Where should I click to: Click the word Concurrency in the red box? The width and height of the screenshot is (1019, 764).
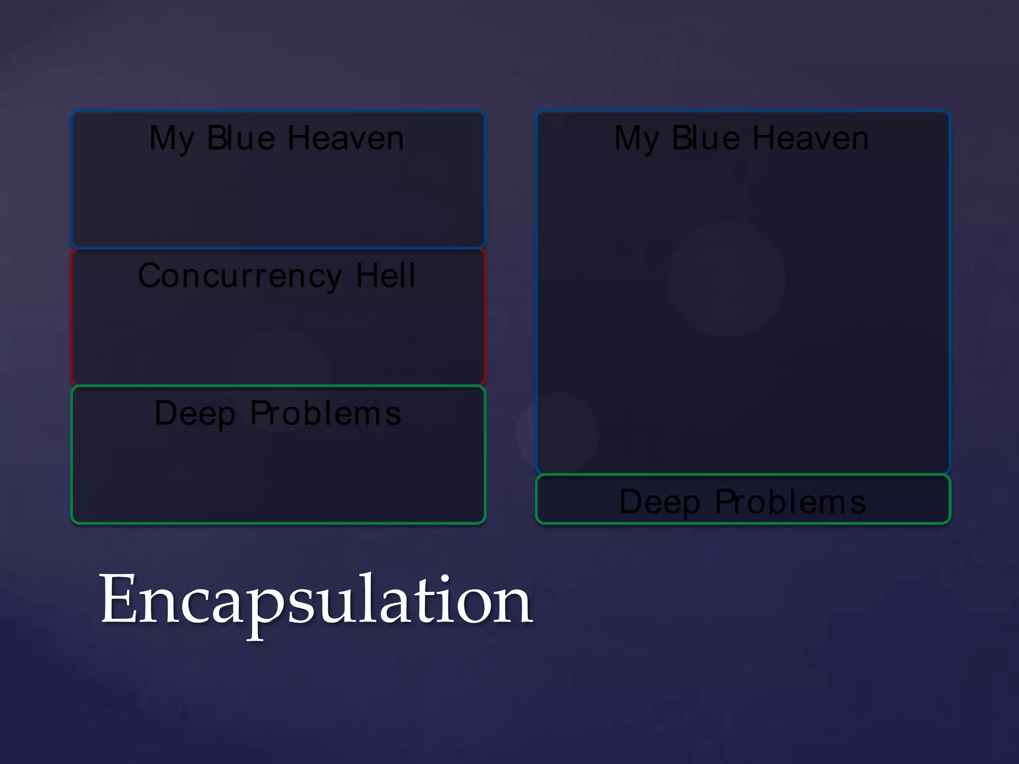coord(239,277)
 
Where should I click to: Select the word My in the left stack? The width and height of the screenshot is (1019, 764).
coord(172,139)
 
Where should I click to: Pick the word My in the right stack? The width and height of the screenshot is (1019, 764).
coord(636,139)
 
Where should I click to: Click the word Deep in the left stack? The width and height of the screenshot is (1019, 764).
coord(195,414)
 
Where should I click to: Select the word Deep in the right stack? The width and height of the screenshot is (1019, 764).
coord(659,502)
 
